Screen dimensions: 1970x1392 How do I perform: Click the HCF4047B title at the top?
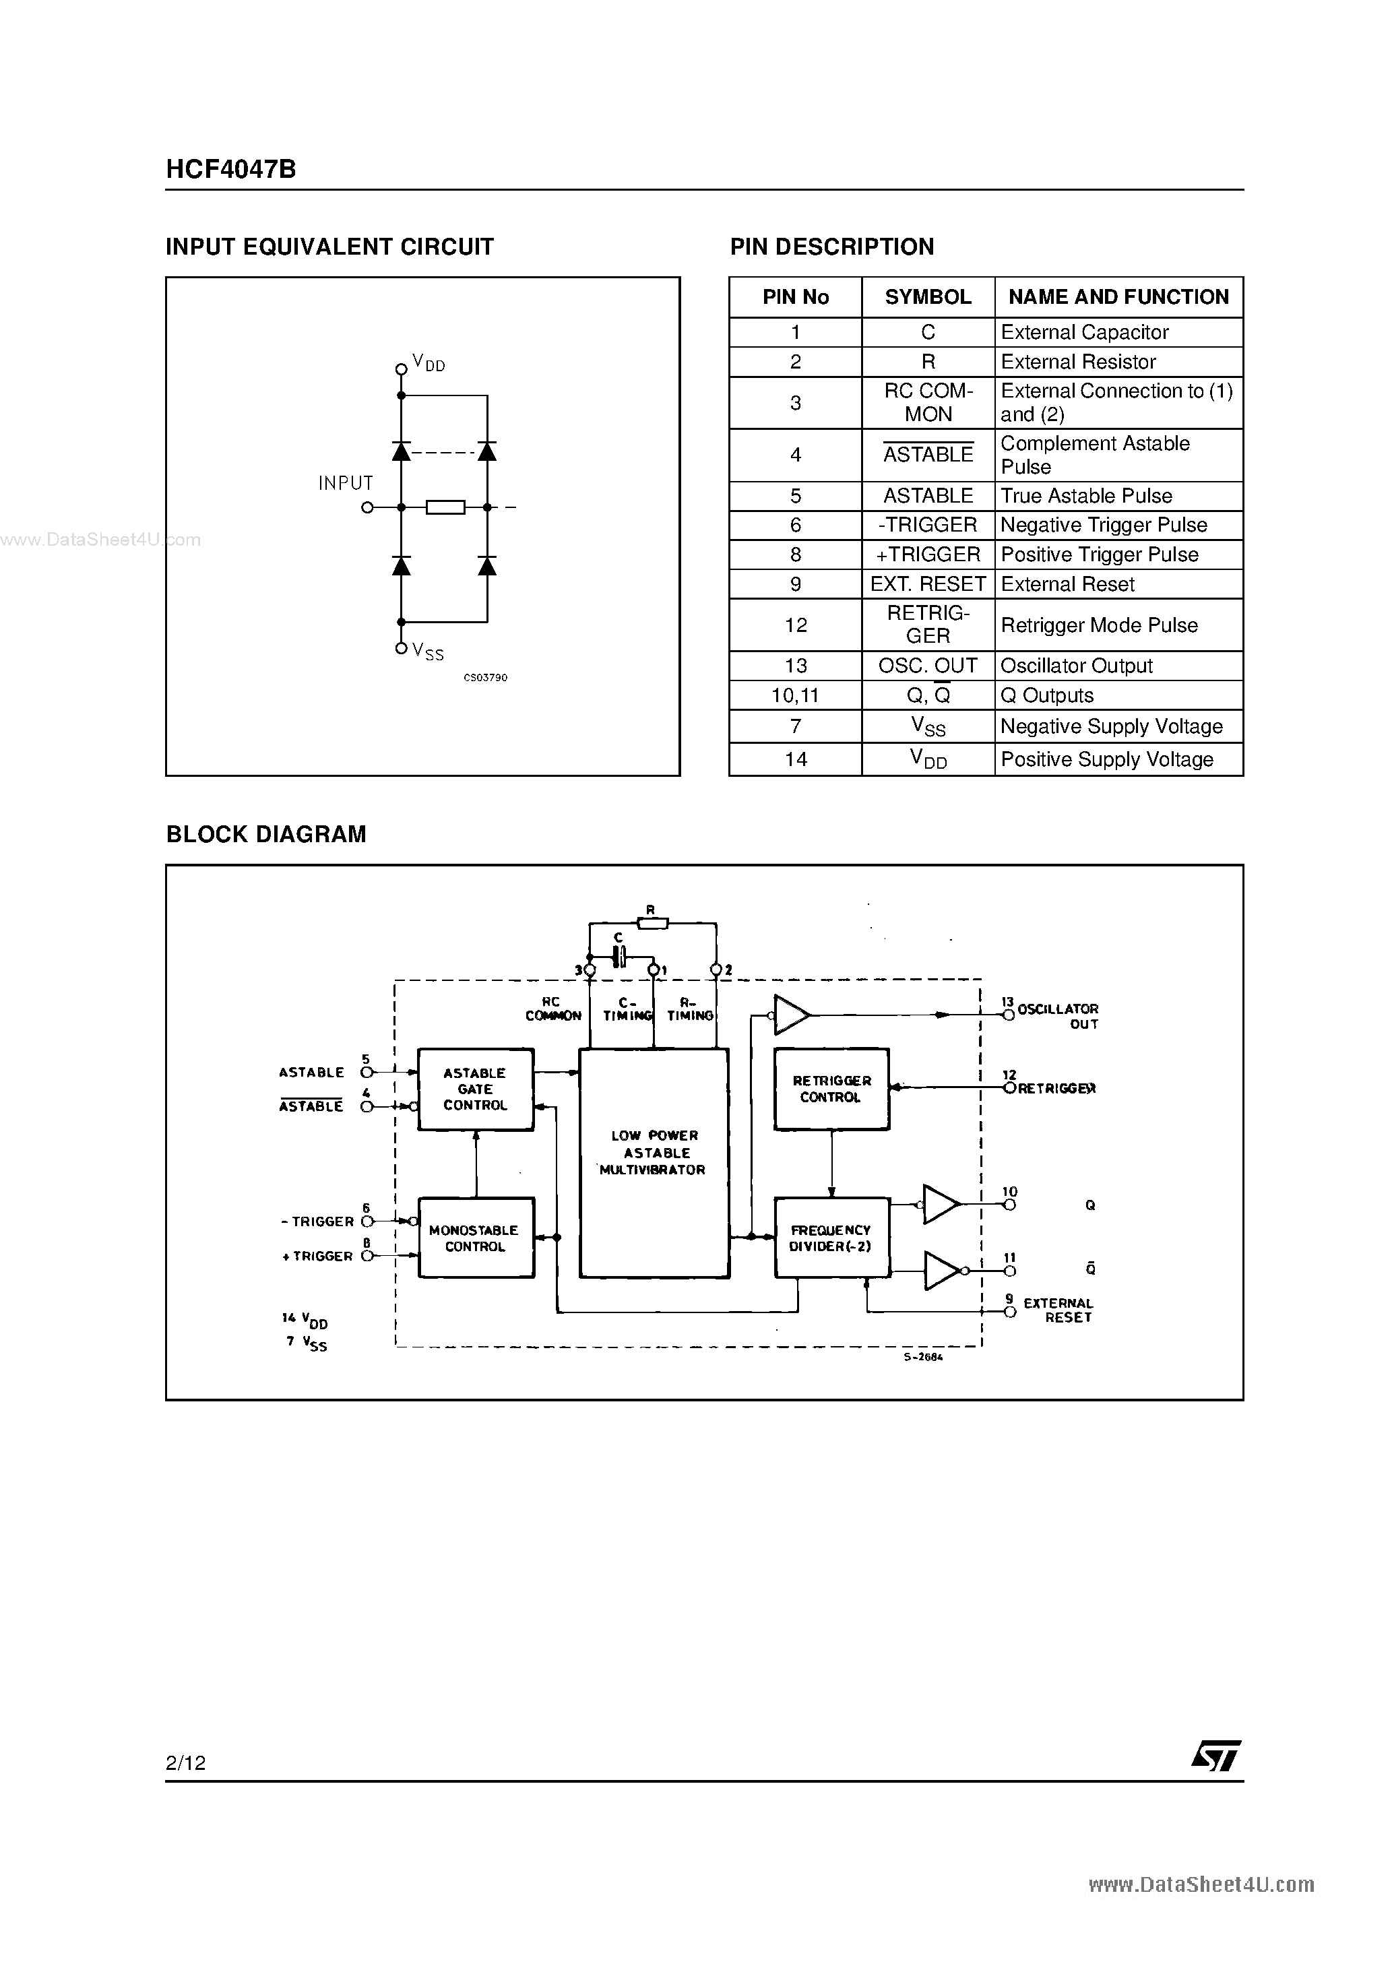pos(231,169)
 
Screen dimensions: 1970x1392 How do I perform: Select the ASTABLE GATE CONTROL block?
pos(476,1089)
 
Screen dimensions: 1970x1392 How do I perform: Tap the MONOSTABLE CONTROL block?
pos(476,1238)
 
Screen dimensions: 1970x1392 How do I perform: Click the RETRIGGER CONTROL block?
pos(831,1089)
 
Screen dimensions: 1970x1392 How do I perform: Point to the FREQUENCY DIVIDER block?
pos(831,1238)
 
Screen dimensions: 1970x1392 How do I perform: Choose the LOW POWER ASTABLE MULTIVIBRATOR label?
pos(654,1152)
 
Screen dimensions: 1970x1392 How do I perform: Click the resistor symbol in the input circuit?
pos(445,507)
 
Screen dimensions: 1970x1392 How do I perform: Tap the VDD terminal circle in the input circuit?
pos(401,369)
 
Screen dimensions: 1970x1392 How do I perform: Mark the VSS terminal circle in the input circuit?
pos(401,649)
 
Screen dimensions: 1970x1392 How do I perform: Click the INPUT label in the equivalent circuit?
pos(345,483)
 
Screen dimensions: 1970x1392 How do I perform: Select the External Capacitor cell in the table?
pos(1085,332)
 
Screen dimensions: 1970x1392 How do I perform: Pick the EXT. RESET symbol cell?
pos(928,584)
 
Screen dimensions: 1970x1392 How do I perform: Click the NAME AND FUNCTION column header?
pos(1118,297)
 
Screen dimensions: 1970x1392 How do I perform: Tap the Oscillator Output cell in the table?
pos(1076,666)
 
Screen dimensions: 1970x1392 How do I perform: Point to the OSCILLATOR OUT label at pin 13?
pos(1057,1016)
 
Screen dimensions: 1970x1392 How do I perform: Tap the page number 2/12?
pos(186,1762)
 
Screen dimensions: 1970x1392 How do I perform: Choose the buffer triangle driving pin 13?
pos(790,1015)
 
